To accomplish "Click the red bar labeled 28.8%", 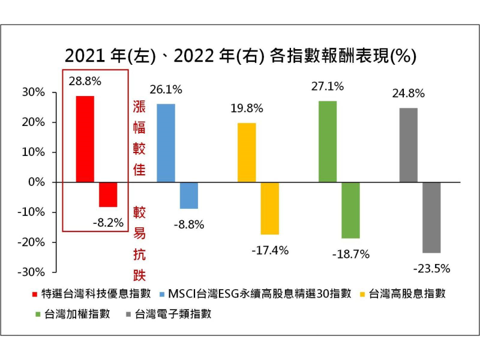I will (85, 139).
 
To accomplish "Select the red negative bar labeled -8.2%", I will (108, 194).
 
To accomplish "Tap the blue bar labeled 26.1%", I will (166, 143).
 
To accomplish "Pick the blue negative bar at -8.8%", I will (189, 195).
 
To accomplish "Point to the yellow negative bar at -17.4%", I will (270, 208).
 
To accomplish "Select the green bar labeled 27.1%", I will (328, 142).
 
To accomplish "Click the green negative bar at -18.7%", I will (351, 210).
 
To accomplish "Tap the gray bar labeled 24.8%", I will (409, 145).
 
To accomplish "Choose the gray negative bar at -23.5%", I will (431, 217).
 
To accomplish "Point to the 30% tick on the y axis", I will (35, 92).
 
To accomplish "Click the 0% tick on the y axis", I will (37, 182).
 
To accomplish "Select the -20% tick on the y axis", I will (34, 242).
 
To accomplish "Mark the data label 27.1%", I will (329, 86).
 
